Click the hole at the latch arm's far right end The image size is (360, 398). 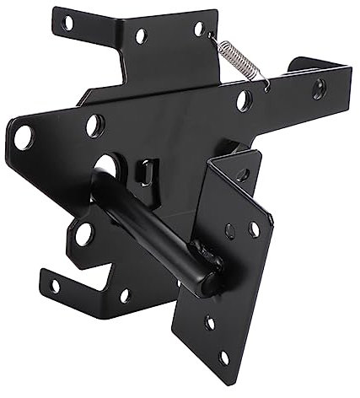319,87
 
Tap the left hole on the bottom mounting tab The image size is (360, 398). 56,285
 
